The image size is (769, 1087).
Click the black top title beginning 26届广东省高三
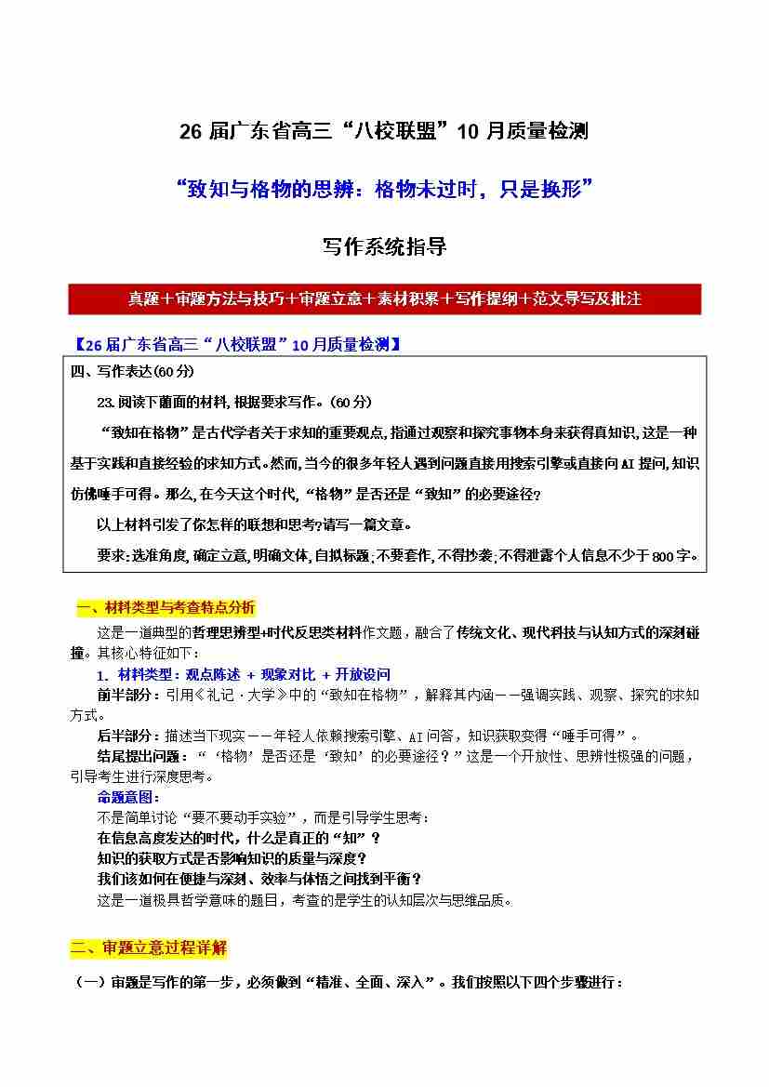pos(384,131)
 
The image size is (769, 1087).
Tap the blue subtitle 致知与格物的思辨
pos(384,190)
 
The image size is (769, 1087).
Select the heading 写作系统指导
pos(384,247)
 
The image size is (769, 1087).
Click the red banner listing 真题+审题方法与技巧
pos(384,298)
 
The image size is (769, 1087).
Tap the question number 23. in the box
pos(104,402)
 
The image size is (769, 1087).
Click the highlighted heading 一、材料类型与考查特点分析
pos(165,608)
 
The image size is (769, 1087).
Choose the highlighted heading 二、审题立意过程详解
pos(149,948)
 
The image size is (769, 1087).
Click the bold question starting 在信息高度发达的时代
pos(239,838)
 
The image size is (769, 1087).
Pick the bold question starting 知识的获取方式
pos(232,858)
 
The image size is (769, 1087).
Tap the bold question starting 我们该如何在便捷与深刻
pos(259,879)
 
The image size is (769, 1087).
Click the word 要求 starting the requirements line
pos(109,556)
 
